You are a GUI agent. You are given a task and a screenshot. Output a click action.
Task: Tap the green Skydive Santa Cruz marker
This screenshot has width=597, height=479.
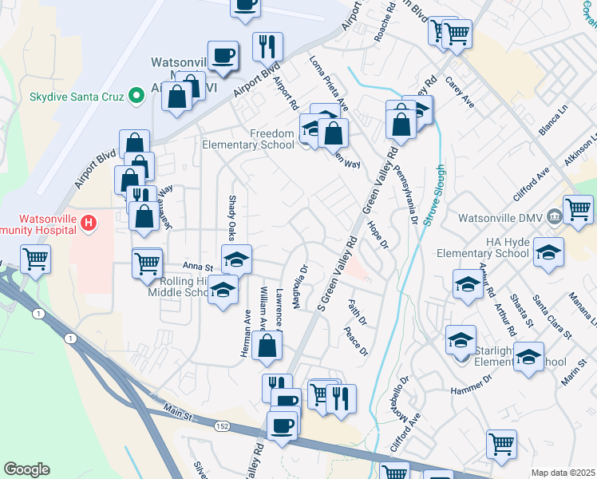[136, 96]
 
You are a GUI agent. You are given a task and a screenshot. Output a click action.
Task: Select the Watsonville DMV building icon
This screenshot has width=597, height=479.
[554, 217]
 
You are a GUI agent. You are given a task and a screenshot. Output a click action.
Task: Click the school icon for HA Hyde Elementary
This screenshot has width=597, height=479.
[548, 253]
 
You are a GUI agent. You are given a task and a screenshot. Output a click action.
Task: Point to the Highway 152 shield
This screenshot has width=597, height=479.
[223, 427]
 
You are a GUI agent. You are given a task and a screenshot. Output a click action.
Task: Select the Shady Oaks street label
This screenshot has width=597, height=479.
[232, 217]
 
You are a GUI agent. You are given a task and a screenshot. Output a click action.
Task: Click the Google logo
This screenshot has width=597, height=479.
[26, 469]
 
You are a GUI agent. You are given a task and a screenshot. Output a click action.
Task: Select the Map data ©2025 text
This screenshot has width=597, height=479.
[563, 473]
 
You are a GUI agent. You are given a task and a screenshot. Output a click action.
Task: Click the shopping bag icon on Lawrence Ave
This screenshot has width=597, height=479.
[269, 346]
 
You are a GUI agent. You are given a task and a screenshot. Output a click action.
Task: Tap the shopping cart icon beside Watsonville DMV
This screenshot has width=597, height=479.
[578, 210]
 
